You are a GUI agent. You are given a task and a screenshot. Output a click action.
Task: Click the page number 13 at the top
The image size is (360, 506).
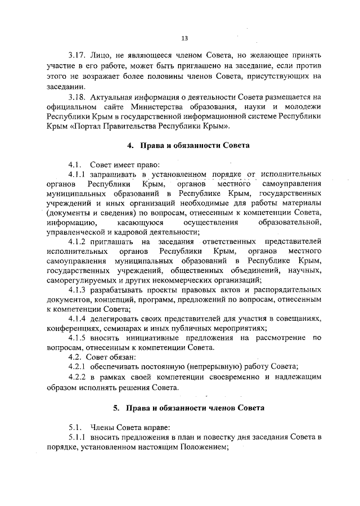click(184, 38)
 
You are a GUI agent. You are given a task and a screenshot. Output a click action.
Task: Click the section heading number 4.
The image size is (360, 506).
click(129, 145)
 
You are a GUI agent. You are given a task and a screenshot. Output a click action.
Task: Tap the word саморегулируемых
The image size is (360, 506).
click(80, 280)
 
